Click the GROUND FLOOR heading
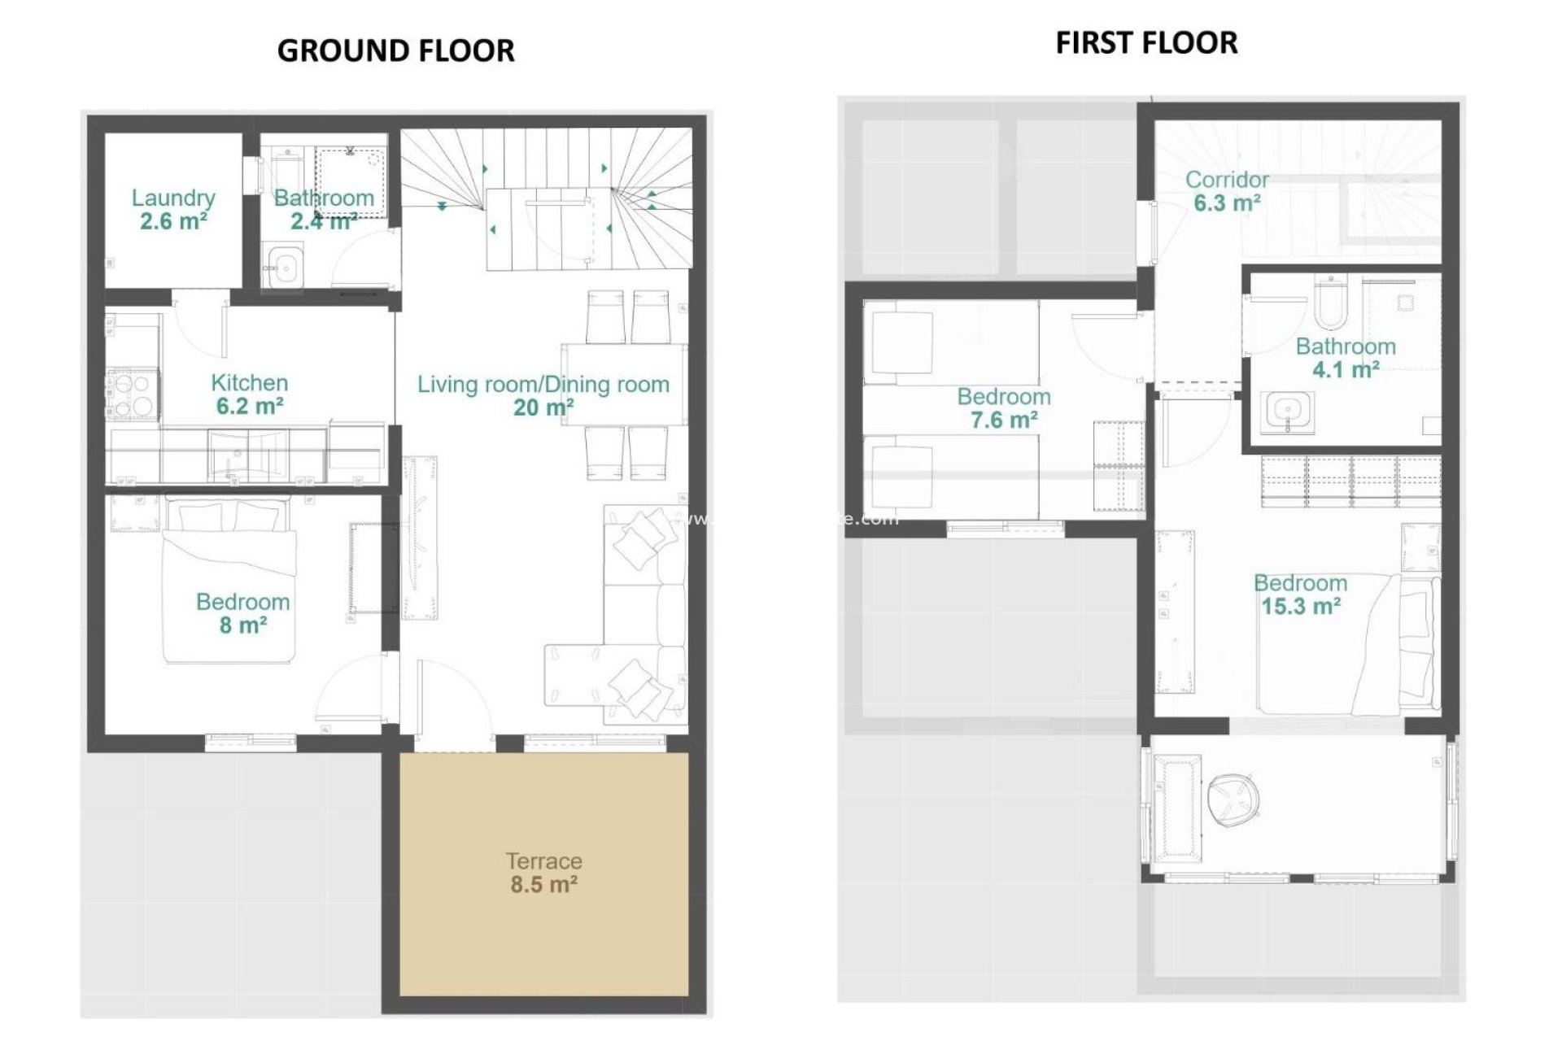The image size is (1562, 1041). (395, 50)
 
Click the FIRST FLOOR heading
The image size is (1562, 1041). (1146, 42)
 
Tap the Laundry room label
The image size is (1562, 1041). (173, 198)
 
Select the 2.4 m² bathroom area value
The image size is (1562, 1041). (324, 220)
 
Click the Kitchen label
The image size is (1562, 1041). (249, 382)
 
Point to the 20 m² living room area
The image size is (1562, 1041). (543, 407)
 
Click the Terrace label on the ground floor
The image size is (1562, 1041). (543, 860)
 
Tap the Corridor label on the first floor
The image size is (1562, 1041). (1227, 179)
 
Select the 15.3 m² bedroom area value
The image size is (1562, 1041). (1300, 606)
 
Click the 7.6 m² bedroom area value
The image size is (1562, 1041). (1003, 420)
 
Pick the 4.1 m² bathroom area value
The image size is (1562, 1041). (1345, 369)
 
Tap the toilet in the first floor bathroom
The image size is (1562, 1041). (1330, 300)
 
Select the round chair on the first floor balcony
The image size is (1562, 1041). (1233, 796)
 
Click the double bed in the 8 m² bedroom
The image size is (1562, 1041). (228, 581)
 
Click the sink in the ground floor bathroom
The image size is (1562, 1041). (284, 265)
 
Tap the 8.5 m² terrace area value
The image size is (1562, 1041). (543, 884)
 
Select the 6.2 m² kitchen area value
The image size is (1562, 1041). (249, 406)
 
